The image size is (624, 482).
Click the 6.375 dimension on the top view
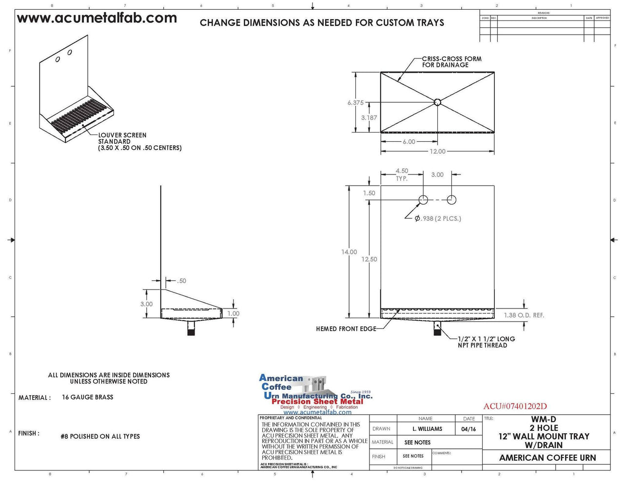pyautogui.click(x=355, y=103)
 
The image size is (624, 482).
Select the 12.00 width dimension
pyautogui.click(x=437, y=152)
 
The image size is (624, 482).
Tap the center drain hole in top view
pyautogui.click(x=437, y=102)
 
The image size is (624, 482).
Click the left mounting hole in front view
pyautogui.click(x=423, y=200)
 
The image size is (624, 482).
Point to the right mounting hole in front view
pyautogui.click(x=451, y=200)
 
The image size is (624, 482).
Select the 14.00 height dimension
pyautogui.click(x=349, y=252)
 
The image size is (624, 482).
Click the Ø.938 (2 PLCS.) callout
pyautogui.click(x=438, y=218)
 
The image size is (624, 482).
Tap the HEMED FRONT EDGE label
pyautogui.click(x=346, y=329)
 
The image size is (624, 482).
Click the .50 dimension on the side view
pyautogui.click(x=181, y=281)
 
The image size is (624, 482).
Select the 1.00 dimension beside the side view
pyautogui.click(x=234, y=313)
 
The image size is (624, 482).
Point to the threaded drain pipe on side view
pyautogui.click(x=192, y=330)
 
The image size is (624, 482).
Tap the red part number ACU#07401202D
pyautogui.click(x=515, y=406)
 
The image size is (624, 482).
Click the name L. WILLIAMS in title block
pyautogui.click(x=427, y=429)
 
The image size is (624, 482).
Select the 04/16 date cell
pyautogui.click(x=468, y=429)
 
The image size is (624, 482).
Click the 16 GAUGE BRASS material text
pyautogui.click(x=88, y=397)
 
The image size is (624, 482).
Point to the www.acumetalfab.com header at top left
pyautogui.click(x=97, y=19)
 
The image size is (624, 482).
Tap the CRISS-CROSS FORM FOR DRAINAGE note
pyautogui.click(x=451, y=62)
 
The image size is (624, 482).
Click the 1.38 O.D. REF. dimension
pyautogui.click(x=524, y=315)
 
